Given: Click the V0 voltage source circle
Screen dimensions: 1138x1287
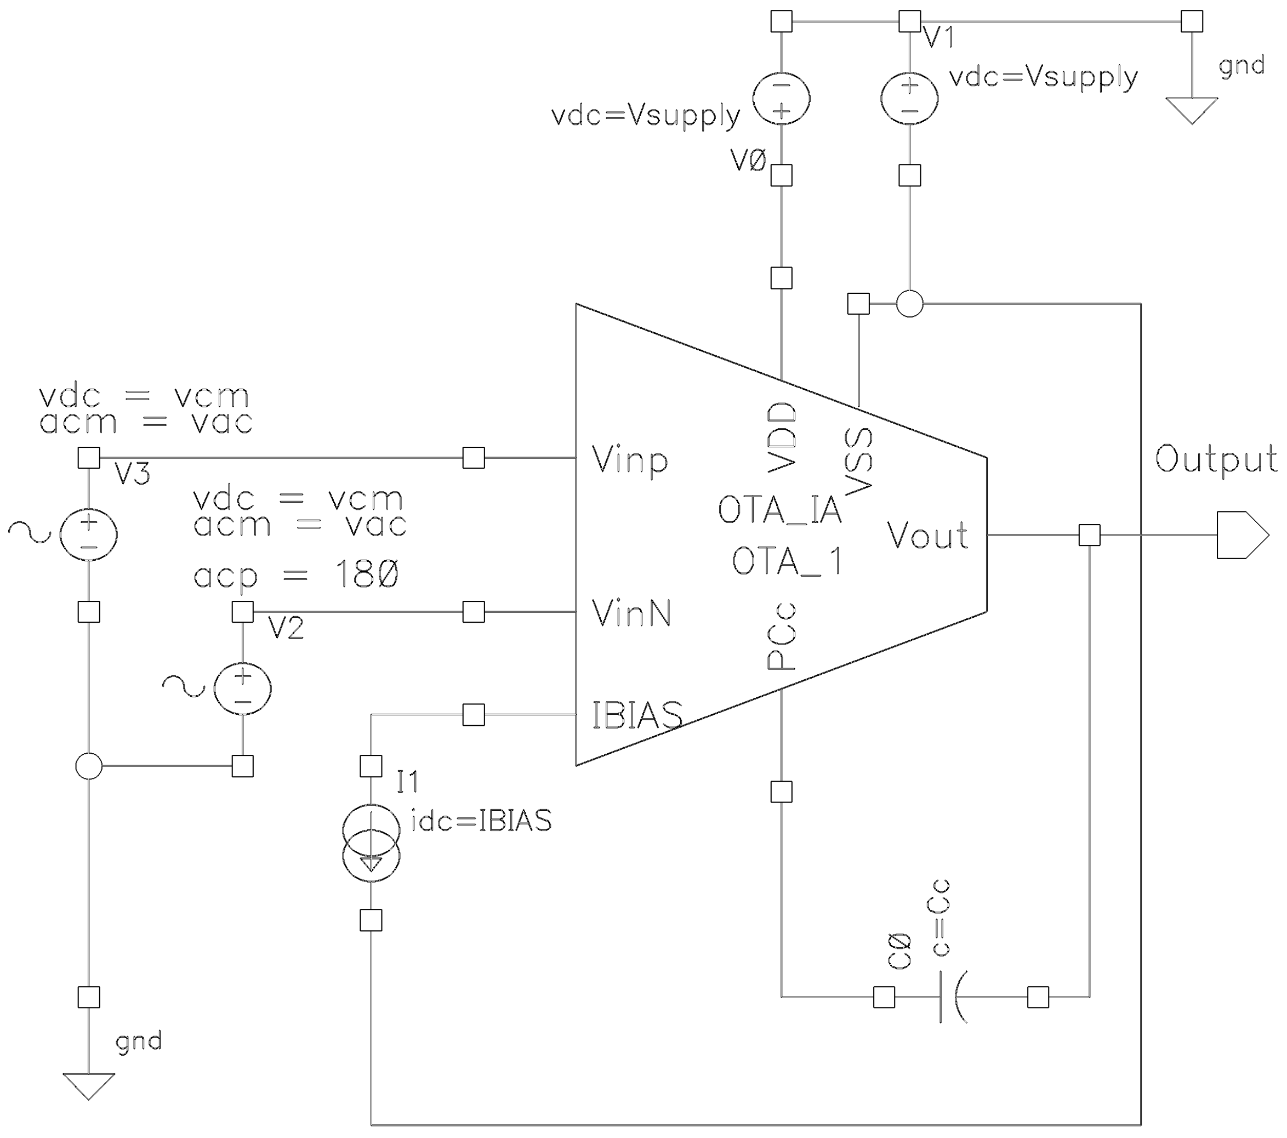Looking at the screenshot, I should click(x=782, y=98).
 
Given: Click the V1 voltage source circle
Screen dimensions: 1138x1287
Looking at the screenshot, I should click(x=909, y=98).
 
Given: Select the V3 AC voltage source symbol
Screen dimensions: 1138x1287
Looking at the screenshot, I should click(x=89, y=534).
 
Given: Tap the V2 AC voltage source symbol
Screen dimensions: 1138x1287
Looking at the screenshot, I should click(x=242, y=689).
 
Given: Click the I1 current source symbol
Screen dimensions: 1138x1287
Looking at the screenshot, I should click(x=371, y=843).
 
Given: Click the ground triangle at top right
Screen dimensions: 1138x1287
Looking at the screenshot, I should click(x=1191, y=110).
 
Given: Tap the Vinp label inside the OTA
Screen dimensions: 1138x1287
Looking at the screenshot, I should click(x=630, y=460).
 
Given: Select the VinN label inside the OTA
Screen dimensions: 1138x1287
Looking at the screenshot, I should click(x=631, y=613).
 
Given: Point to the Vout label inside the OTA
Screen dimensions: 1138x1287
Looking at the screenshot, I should click(x=927, y=536).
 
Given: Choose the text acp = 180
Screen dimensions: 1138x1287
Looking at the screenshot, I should click(x=296, y=576).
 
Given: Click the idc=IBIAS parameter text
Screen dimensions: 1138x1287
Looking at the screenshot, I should click(x=481, y=821).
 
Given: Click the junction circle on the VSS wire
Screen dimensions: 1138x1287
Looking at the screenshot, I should click(x=909, y=304).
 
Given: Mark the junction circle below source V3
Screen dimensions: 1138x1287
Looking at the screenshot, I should click(x=89, y=766).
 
